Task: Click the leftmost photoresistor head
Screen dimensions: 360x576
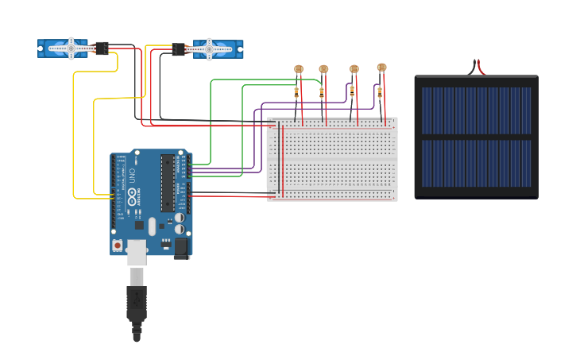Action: point(299,69)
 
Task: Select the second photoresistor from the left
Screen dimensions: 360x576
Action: point(323,69)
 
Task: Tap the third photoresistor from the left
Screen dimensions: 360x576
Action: point(354,69)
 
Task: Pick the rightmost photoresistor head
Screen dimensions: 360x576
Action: point(381,68)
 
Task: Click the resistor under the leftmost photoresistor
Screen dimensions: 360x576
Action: point(296,91)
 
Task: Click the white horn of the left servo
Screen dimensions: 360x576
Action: point(70,48)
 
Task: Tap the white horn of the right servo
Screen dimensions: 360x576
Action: point(210,48)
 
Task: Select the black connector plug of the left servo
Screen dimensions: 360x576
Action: point(101,48)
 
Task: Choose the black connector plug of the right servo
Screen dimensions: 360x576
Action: point(179,49)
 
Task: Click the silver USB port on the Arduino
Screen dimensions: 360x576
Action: point(137,250)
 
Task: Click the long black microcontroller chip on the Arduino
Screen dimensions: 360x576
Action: point(168,183)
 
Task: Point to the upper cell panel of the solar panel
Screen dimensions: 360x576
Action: point(476,110)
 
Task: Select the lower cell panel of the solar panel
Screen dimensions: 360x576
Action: point(476,164)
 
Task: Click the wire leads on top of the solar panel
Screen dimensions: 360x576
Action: point(477,67)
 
